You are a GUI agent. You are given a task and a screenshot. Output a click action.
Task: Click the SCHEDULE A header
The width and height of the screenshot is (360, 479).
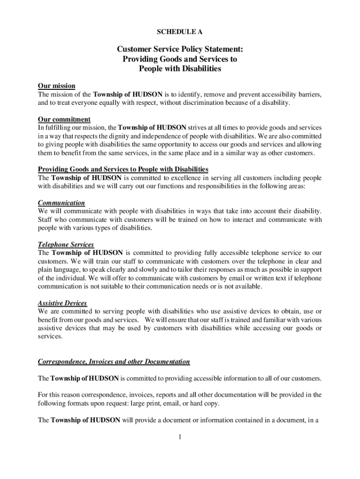(x=180, y=32)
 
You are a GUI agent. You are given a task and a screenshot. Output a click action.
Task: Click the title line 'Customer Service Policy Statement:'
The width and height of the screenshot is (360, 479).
(x=180, y=49)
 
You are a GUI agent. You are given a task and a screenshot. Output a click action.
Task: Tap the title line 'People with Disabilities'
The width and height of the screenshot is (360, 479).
(x=180, y=69)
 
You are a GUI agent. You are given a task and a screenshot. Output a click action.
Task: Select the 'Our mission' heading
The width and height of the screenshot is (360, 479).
(x=56, y=86)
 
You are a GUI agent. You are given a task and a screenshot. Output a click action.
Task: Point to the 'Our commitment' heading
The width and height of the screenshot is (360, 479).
(x=64, y=119)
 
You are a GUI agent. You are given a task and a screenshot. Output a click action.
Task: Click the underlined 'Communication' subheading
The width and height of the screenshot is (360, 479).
(x=61, y=203)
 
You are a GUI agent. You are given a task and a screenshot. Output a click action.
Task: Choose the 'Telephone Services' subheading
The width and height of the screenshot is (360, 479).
(x=66, y=245)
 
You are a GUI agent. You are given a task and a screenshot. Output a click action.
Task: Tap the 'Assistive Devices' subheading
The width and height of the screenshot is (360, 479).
(x=62, y=303)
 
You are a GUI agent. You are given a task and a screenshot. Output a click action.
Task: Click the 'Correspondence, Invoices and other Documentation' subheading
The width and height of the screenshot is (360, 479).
(x=114, y=362)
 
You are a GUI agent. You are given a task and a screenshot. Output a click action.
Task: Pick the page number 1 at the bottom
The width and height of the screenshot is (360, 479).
(x=180, y=437)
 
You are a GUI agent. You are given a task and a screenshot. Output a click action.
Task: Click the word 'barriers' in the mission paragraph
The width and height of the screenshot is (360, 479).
(x=309, y=94)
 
